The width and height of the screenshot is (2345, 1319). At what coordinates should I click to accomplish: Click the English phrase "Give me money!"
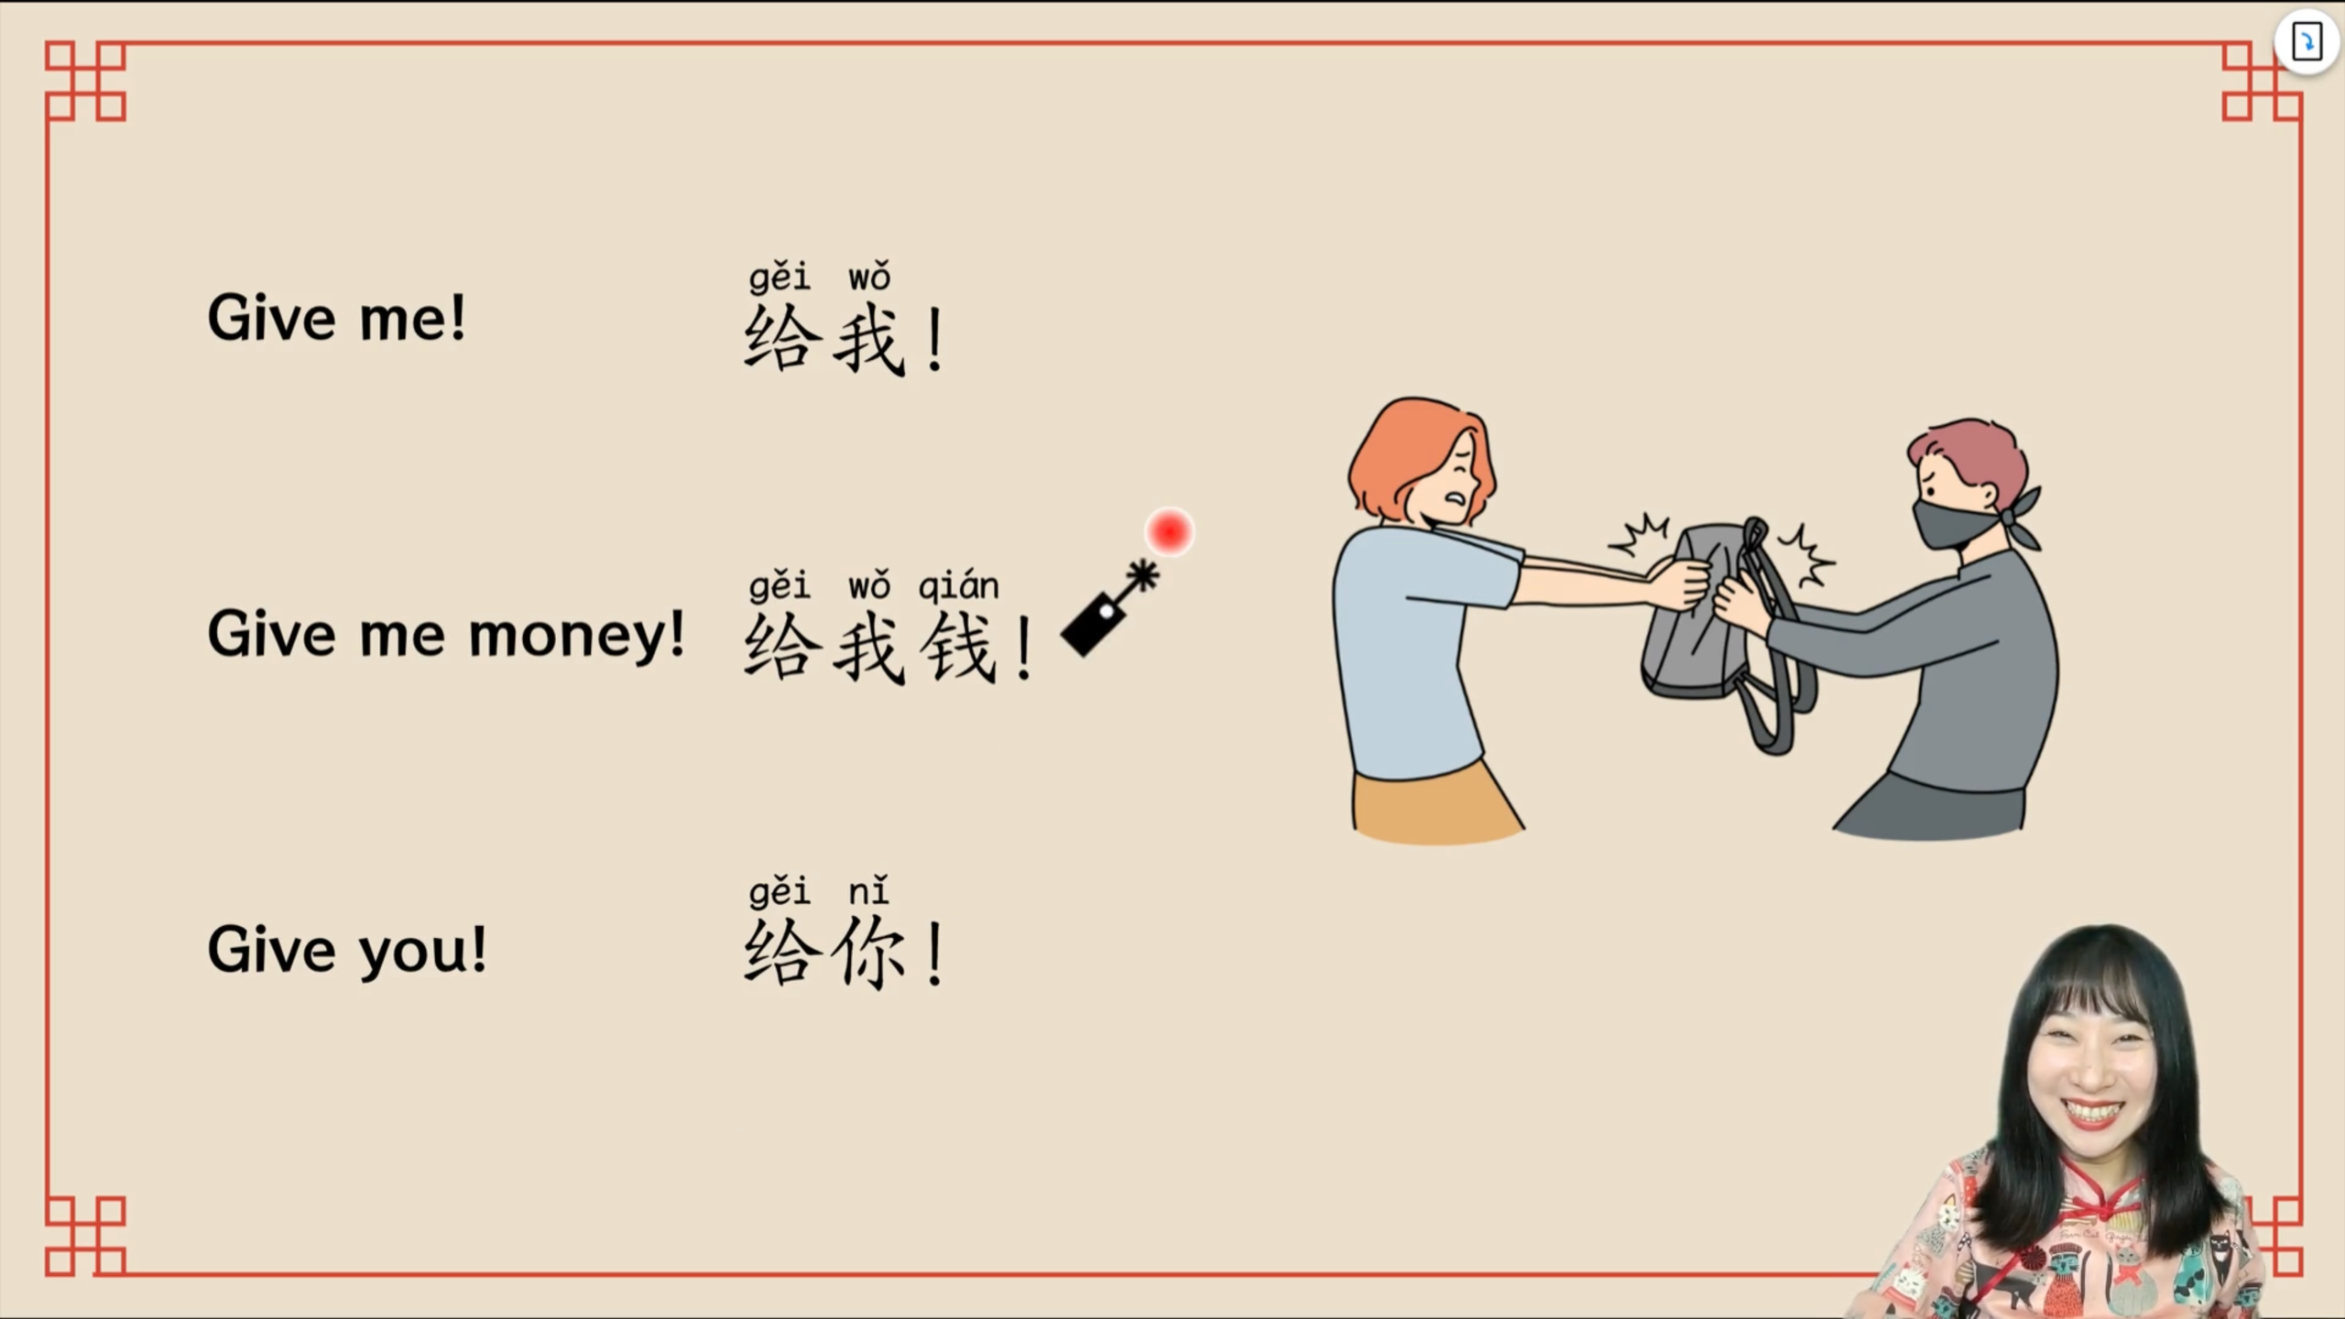[446, 634]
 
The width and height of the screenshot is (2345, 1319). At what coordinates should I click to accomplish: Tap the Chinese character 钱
[958, 648]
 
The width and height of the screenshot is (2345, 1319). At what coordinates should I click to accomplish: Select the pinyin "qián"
[958, 586]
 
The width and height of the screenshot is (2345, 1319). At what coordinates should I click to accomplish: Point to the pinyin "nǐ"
[868, 890]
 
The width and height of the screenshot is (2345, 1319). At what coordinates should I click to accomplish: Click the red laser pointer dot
[1169, 531]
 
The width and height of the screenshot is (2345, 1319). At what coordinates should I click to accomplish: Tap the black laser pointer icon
[1109, 608]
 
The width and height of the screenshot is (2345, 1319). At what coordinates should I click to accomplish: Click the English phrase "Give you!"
[347, 949]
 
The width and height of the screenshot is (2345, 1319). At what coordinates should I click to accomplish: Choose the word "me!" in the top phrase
[412, 318]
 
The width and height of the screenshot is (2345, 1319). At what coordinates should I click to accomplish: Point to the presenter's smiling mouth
[2093, 1113]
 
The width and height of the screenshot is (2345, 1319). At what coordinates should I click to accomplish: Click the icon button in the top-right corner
[2307, 41]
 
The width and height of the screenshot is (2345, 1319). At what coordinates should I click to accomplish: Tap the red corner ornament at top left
[85, 81]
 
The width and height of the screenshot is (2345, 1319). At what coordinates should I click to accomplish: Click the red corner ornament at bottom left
[85, 1236]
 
